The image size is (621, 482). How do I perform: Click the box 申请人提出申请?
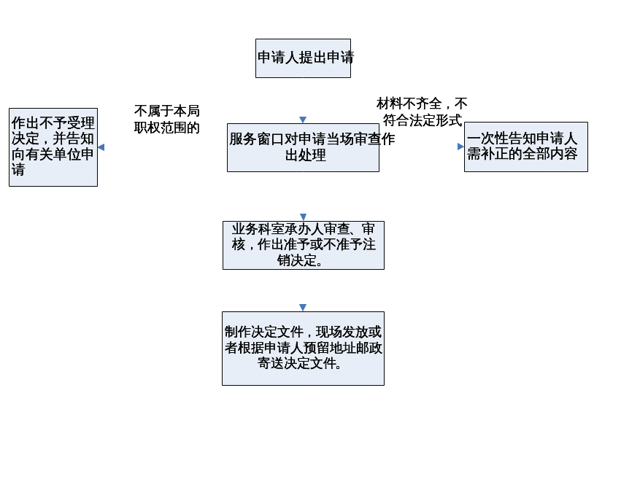click(303, 58)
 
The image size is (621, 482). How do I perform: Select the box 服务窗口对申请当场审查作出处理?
click(303, 147)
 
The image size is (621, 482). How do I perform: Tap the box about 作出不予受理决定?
click(53, 147)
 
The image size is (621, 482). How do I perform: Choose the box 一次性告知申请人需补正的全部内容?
click(525, 147)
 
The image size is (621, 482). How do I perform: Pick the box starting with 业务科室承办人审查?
click(303, 245)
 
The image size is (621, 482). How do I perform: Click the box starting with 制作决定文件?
click(303, 349)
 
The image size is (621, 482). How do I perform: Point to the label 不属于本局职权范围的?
click(167, 119)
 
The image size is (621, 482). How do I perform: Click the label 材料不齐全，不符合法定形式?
click(423, 112)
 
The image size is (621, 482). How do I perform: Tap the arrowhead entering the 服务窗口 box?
click(303, 120)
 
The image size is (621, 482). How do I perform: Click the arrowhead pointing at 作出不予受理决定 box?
click(101, 147)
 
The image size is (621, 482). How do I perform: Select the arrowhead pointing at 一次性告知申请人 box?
click(460, 147)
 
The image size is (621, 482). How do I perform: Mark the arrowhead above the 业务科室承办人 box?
click(303, 217)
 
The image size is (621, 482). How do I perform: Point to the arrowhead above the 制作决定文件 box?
click(303, 308)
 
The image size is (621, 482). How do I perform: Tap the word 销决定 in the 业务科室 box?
click(300, 260)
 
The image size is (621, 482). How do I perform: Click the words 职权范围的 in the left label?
click(167, 128)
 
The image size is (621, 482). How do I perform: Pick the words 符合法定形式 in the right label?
click(423, 120)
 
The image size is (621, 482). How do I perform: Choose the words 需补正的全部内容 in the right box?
click(522, 154)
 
